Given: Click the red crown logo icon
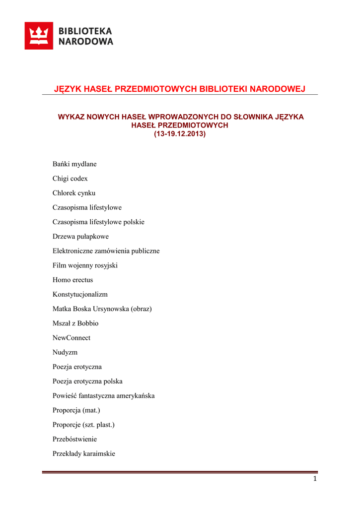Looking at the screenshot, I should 39,36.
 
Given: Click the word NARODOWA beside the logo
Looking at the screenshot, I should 86,42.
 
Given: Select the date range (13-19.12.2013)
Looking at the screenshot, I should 180,134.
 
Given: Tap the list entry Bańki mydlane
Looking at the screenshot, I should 74,164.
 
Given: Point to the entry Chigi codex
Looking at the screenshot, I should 70,179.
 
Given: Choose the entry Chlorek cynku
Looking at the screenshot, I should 74,193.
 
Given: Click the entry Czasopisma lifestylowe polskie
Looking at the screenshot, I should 98,222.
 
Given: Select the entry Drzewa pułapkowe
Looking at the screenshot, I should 80,237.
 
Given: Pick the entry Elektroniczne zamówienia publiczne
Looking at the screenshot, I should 106,251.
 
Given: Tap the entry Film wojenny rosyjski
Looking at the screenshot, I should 85,265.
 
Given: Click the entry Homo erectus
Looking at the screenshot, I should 72,280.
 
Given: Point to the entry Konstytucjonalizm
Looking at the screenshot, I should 80,294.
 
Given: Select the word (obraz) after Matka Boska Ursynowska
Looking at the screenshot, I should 142,309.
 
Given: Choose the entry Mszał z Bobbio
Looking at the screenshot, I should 75,323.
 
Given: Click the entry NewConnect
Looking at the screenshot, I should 72,338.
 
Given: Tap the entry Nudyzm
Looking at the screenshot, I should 65,352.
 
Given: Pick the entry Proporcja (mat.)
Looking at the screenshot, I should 76,410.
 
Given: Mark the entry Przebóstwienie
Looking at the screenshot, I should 75,439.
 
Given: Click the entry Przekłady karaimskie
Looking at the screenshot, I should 84,453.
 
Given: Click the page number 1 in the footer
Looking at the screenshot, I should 315,479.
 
